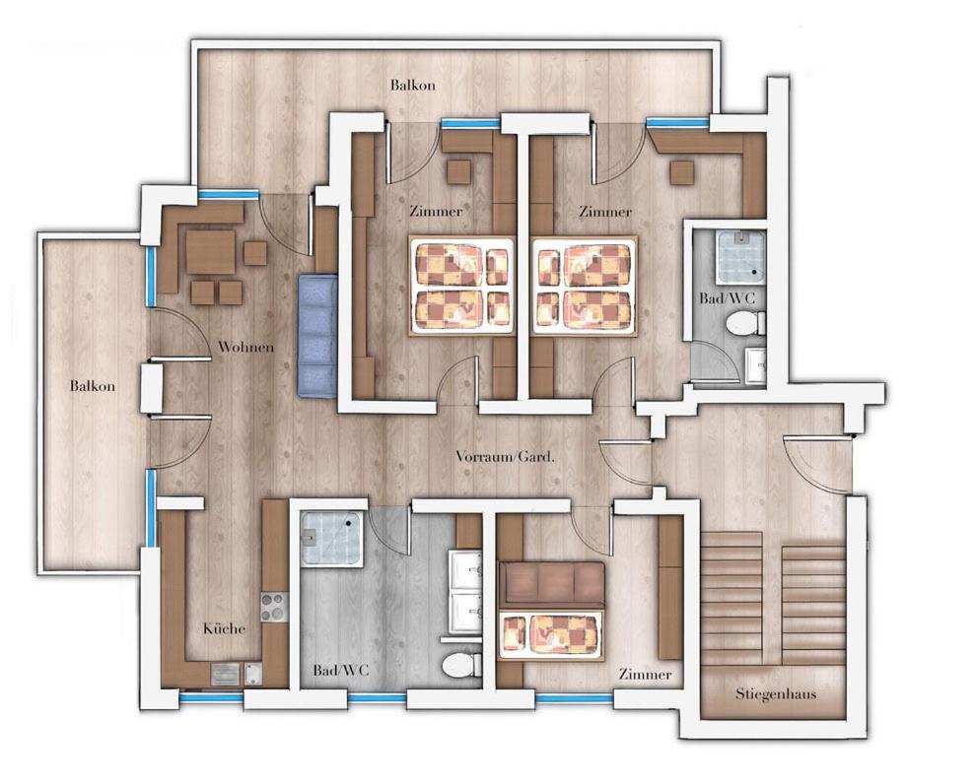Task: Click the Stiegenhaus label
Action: pyautogui.click(x=776, y=693)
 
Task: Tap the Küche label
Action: pyautogui.click(x=224, y=628)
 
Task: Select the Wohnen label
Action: pyautogui.click(x=245, y=346)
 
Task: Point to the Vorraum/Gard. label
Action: pyautogui.click(x=505, y=457)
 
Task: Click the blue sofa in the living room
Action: pyautogui.click(x=317, y=336)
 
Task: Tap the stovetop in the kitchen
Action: pyautogui.click(x=274, y=607)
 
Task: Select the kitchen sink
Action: pyautogui.click(x=225, y=674)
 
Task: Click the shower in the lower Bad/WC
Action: pyautogui.click(x=332, y=538)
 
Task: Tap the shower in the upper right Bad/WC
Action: pyautogui.click(x=740, y=255)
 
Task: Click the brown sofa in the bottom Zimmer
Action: pyautogui.click(x=552, y=585)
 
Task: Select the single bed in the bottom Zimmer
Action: pyautogui.click(x=552, y=635)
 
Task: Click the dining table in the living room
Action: pyautogui.click(x=211, y=252)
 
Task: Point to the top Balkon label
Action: pyautogui.click(x=413, y=85)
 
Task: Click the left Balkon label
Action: pyautogui.click(x=93, y=386)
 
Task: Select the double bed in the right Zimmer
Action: pyautogui.click(x=586, y=286)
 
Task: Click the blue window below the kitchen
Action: pyautogui.click(x=211, y=697)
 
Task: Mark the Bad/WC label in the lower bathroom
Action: pyautogui.click(x=341, y=670)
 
